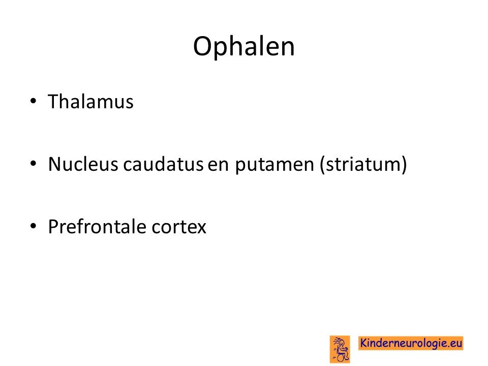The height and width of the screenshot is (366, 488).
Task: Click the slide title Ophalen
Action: [x=243, y=47]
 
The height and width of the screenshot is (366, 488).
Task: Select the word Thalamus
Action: [x=90, y=102]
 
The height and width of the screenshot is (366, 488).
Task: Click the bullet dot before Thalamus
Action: [x=34, y=101]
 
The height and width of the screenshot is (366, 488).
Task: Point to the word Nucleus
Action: [x=83, y=164]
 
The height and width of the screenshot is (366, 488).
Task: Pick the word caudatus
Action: [x=163, y=164]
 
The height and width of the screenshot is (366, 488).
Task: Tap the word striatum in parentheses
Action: [x=362, y=164]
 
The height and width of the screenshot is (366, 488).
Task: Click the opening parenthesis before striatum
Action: [x=322, y=165]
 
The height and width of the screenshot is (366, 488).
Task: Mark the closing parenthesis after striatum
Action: [x=404, y=165]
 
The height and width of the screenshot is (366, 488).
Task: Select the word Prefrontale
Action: [x=97, y=226]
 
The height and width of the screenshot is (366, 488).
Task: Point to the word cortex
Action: [x=179, y=227]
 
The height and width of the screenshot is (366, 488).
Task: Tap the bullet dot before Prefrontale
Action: [x=34, y=226]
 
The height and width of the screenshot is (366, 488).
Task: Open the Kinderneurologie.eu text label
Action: [x=411, y=343]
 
